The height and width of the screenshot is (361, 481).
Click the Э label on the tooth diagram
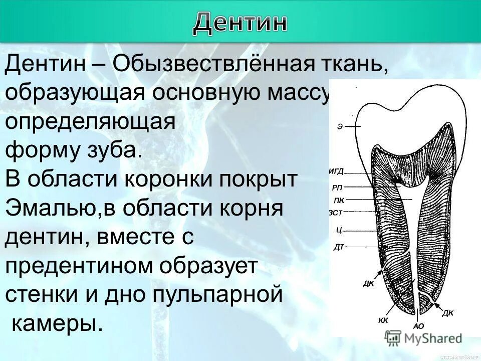click(x=340, y=127)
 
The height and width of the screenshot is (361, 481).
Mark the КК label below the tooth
click(x=383, y=320)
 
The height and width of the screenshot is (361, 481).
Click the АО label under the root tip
click(x=418, y=326)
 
